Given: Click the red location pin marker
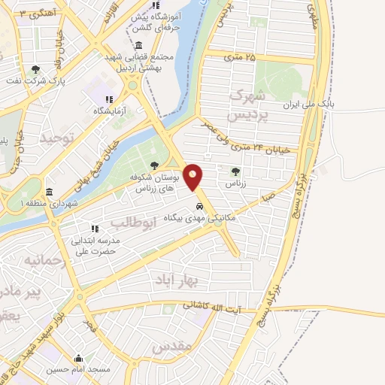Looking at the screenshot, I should (x=194, y=176).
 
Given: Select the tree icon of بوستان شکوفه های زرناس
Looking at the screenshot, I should (x=154, y=165).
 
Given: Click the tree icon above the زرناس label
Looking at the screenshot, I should (x=236, y=171).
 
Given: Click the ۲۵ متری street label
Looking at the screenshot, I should (x=240, y=56).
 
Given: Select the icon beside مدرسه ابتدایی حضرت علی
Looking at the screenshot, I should (x=95, y=229).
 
